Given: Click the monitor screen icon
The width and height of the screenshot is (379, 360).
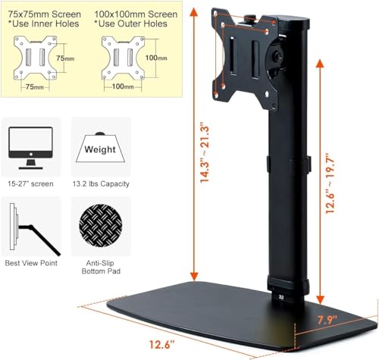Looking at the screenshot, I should coord(30,146).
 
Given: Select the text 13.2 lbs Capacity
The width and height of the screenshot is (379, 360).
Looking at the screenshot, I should coord(100,183).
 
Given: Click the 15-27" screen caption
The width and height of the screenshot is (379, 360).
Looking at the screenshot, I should coord(30,183).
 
